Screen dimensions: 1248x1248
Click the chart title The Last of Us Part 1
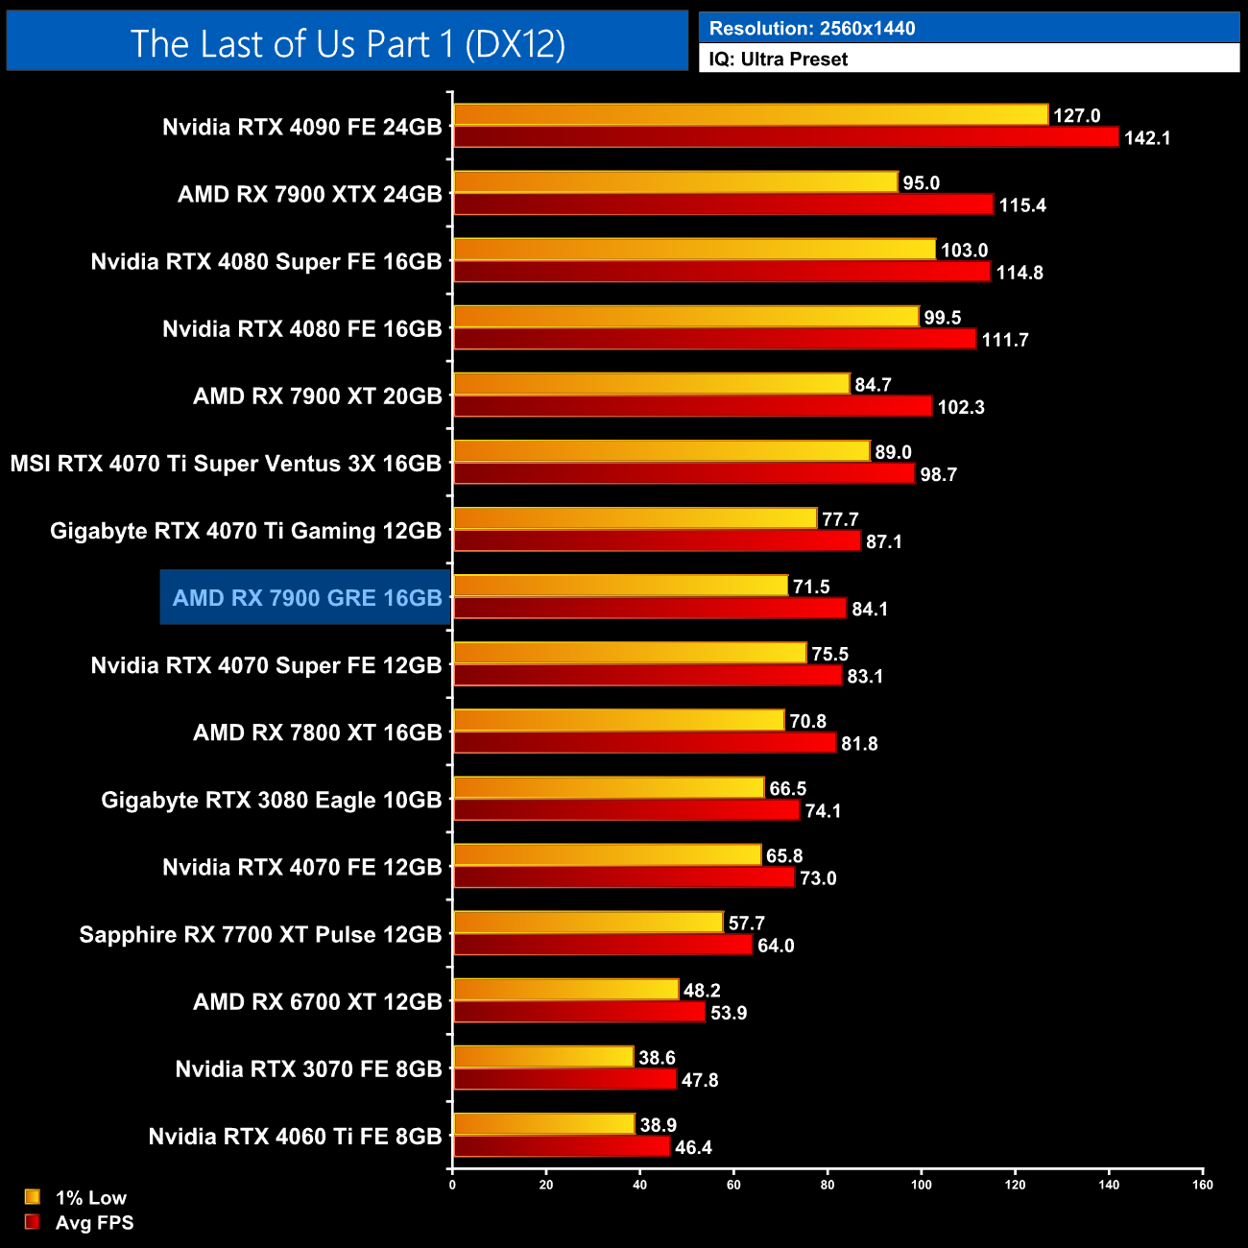pyautogui.click(x=348, y=43)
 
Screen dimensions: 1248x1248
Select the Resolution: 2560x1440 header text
pyautogui.click(x=811, y=29)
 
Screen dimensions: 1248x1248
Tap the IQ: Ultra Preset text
pyautogui.click(x=778, y=60)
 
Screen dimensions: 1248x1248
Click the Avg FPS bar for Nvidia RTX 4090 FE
pyautogui.click(x=785, y=137)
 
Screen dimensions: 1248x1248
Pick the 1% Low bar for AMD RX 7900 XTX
pyautogui.click(x=675, y=182)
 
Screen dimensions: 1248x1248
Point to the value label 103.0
pyautogui.click(x=964, y=251)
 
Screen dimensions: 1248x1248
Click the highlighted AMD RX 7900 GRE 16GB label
pyautogui.click(x=306, y=598)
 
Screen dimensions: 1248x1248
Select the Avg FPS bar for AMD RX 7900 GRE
pyautogui.click(x=649, y=609)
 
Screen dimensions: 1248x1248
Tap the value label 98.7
pyautogui.click(x=938, y=475)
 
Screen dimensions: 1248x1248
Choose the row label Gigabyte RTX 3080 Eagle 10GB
pyautogui.click(x=272, y=801)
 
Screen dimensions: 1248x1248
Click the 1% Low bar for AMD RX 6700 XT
pyautogui.click(x=565, y=990)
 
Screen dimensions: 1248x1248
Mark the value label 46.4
pyautogui.click(x=693, y=1148)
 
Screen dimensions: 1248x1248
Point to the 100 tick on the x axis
pyautogui.click(x=921, y=1185)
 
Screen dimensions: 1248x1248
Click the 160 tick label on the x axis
pyautogui.click(x=1202, y=1185)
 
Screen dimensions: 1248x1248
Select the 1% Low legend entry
pyautogui.click(x=77, y=1197)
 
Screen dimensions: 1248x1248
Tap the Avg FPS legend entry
pyautogui.click(x=80, y=1223)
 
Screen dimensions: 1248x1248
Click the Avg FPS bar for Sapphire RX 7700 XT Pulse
pyautogui.click(x=602, y=945)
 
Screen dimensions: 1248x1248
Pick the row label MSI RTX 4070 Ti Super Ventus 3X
pyautogui.click(x=226, y=464)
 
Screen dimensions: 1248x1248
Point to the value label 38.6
pyautogui.click(x=657, y=1058)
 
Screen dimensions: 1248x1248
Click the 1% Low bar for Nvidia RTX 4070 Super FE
pyautogui.click(x=629, y=653)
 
